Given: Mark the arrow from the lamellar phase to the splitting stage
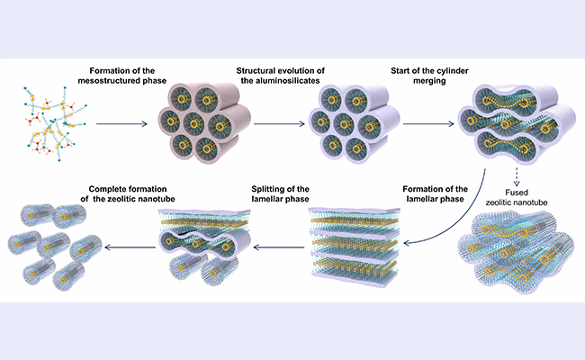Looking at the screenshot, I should pyautogui.click(x=273, y=244).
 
